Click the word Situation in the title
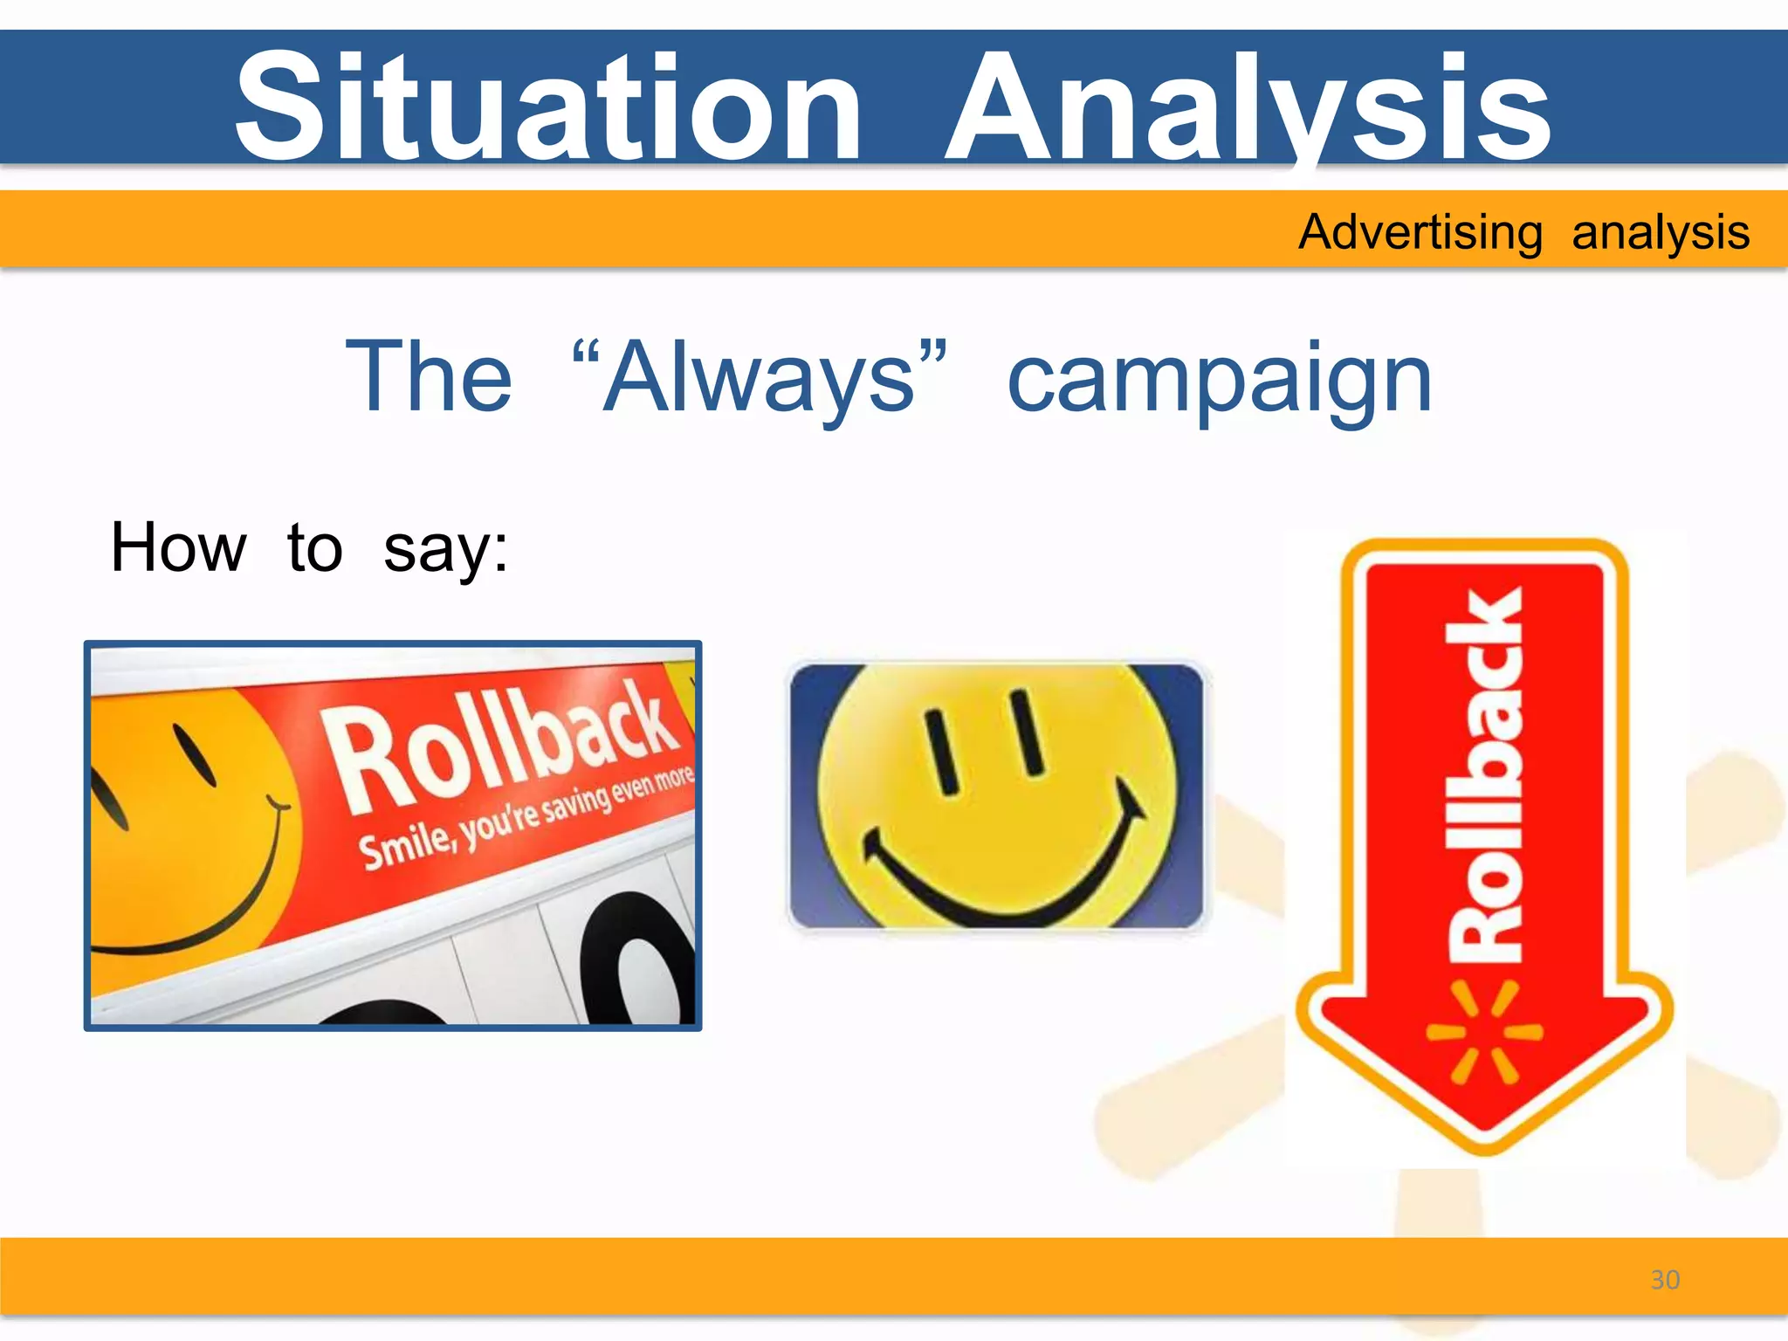pos(548,107)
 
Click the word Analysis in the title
pos(1248,107)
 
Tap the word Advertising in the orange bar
pos(1420,233)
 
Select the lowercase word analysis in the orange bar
pos(1661,233)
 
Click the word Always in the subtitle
pos(760,377)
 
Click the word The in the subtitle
pos(429,377)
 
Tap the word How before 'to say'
pos(178,548)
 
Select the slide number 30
pos(1665,1280)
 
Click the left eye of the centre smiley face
pos(943,752)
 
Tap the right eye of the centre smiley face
pos(1028,732)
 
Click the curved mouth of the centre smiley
pos(1004,891)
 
